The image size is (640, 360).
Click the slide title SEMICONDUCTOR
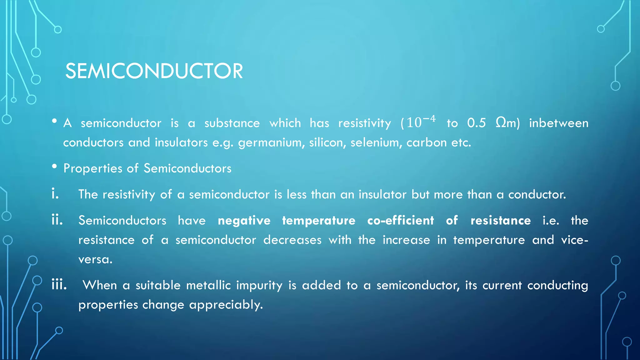pos(154,71)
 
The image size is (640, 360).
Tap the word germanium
pos(271,143)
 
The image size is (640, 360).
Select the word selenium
pos(376,142)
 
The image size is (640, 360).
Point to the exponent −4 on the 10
pos(429,119)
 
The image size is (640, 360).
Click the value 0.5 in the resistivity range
pos(477,123)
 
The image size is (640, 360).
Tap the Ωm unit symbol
pos(506,123)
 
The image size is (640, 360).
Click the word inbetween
pos(558,123)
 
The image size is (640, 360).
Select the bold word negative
pos(244,221)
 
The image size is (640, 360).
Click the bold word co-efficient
pos(401,221)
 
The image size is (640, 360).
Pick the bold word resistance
pos(501,221)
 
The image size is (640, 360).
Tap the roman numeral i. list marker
pos(55,194)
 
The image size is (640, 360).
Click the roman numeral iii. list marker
pos(59,285)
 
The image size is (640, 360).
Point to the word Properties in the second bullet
pos(92,169)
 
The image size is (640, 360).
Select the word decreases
pos(292,240)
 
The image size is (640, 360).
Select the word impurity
pos(259,286)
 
